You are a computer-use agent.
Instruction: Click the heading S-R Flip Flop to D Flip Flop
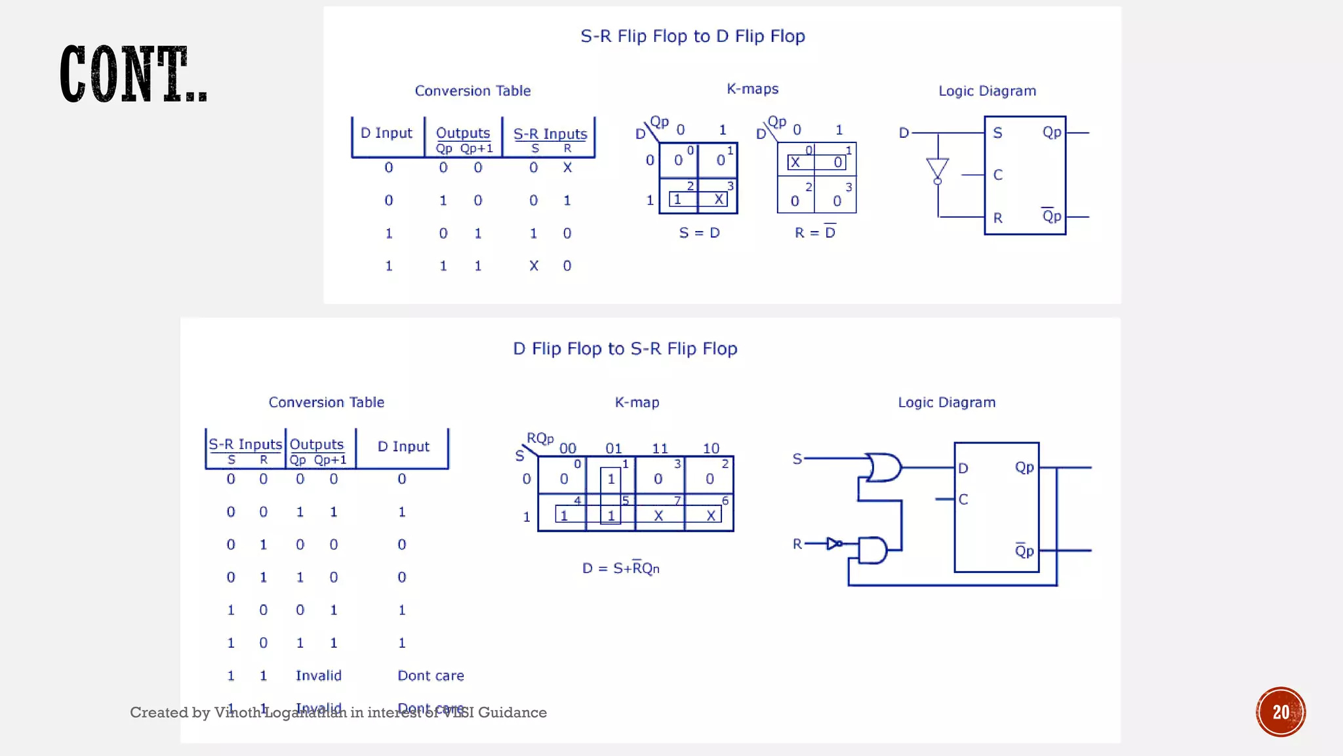coord(692,36)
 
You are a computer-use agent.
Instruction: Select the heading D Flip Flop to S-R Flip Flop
coord(625,348)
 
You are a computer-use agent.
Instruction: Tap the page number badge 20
coord(1281,712)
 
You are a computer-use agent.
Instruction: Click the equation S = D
coord(699,233)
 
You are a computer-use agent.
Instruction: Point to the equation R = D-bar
coord(815,232)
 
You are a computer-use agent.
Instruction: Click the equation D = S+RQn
coord(620,568)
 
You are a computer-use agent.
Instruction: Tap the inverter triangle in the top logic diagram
coord(938,169)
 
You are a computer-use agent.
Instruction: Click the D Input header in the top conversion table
coord(386,133)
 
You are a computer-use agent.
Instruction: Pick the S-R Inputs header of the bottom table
coord(245,444)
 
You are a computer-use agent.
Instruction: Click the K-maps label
coord(752,89)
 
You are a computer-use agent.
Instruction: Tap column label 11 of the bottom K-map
coord(660,448)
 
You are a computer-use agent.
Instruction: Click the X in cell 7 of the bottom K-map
coord(658,516)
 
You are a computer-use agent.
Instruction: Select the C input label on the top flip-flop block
coord(997,175)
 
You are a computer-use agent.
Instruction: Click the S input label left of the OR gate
coord(797,459)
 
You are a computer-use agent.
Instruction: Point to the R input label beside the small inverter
coord(797,544)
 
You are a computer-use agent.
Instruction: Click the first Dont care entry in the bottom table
coord(430,676)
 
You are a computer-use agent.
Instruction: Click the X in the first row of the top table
coord(567,168)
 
